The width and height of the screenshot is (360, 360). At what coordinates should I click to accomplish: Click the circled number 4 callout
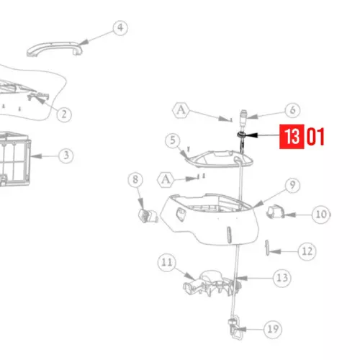120,28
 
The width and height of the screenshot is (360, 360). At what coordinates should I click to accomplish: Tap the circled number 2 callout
64,114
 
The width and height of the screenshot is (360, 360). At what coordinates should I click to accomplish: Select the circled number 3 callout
66,156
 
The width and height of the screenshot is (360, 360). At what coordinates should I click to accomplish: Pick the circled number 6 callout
292,110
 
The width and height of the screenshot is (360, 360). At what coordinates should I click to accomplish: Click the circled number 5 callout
173,140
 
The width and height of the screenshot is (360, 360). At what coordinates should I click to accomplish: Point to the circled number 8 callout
135,179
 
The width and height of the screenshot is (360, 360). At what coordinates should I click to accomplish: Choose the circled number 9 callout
292,185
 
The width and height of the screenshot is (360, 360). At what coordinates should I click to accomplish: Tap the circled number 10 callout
321,215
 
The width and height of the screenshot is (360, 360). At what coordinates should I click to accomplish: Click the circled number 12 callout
307,251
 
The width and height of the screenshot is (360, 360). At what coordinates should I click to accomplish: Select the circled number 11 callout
167,262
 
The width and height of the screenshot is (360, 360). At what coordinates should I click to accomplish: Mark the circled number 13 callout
282,278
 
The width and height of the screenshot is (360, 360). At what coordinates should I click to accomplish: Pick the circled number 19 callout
273,329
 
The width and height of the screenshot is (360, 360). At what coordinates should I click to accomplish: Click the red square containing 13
292,137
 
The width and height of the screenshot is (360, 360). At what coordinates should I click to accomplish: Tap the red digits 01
315,137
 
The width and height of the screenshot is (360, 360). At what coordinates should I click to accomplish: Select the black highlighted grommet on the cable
241,135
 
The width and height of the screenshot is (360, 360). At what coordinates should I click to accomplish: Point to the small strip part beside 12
267,248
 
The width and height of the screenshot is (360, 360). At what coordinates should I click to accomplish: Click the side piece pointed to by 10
276,212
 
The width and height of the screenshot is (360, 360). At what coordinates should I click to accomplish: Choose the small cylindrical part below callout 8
148,215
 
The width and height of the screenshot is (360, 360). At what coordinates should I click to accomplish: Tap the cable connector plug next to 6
243,118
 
